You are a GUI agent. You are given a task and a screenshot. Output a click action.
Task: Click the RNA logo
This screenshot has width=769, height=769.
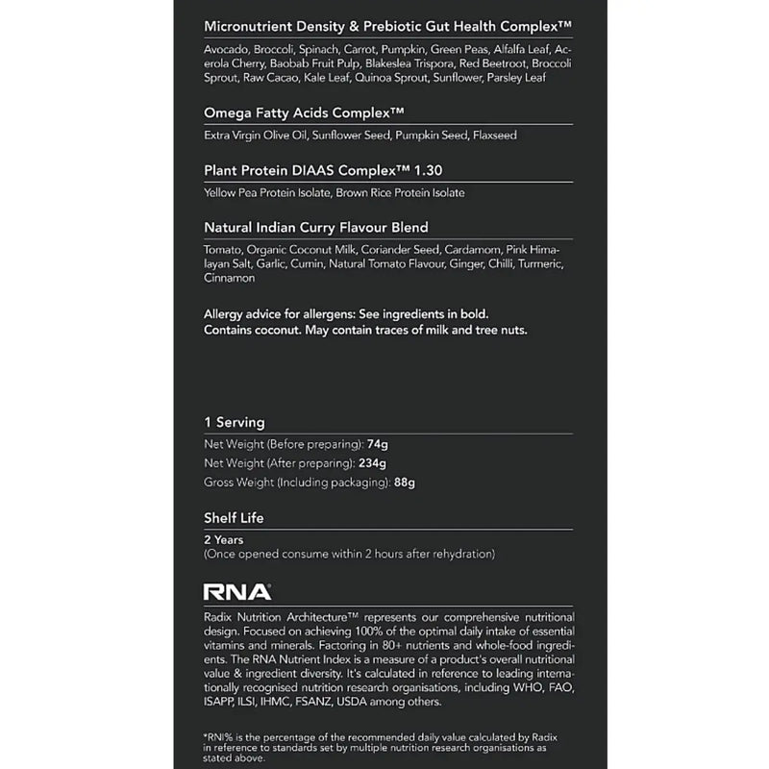[x=237, y=592]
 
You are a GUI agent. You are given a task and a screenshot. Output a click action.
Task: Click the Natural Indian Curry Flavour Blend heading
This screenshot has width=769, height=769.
[x=316, y=228]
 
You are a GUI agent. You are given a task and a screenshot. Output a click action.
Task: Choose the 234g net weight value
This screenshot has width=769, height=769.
[x=375, y=463]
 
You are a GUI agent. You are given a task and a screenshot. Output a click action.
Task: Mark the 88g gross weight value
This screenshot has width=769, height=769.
[x=405, y=482]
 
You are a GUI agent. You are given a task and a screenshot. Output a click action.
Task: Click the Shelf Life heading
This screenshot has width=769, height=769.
[x=234, y=518]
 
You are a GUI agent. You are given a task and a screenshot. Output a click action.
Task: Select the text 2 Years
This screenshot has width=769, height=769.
[x=224, y=540]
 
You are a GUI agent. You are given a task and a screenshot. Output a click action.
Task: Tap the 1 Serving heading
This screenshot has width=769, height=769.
[x=235, y=422]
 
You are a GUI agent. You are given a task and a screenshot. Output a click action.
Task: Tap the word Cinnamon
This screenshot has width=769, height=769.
[x=230, y=279]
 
